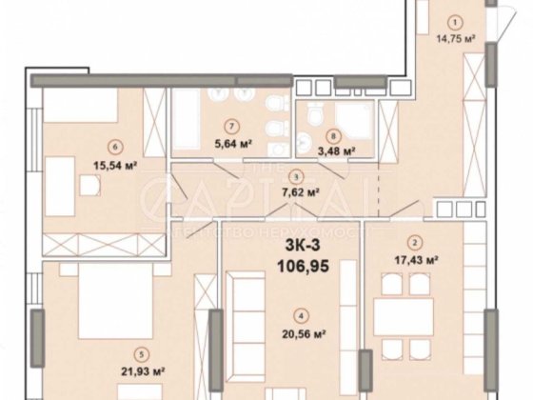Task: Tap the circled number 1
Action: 455,24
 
